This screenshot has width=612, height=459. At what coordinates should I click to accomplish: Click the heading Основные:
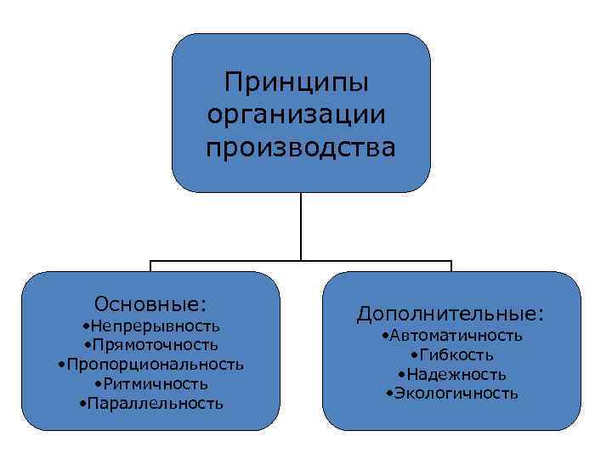151,304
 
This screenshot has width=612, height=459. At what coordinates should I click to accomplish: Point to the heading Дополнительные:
450,314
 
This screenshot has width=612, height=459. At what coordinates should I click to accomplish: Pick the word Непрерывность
156,326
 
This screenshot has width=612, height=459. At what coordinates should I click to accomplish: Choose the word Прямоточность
156,345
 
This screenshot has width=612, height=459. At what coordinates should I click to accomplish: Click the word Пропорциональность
155,365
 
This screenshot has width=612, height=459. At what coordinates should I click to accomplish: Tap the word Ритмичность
156,383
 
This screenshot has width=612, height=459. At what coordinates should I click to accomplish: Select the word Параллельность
155,403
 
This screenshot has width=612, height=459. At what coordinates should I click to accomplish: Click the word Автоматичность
456,336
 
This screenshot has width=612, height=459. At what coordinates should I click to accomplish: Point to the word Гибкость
456,354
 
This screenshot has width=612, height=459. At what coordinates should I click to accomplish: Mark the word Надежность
456,374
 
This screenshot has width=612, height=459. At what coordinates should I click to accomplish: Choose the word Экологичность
456,393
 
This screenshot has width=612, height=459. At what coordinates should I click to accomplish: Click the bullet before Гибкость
413,355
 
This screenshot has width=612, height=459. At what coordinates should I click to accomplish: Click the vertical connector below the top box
301,225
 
